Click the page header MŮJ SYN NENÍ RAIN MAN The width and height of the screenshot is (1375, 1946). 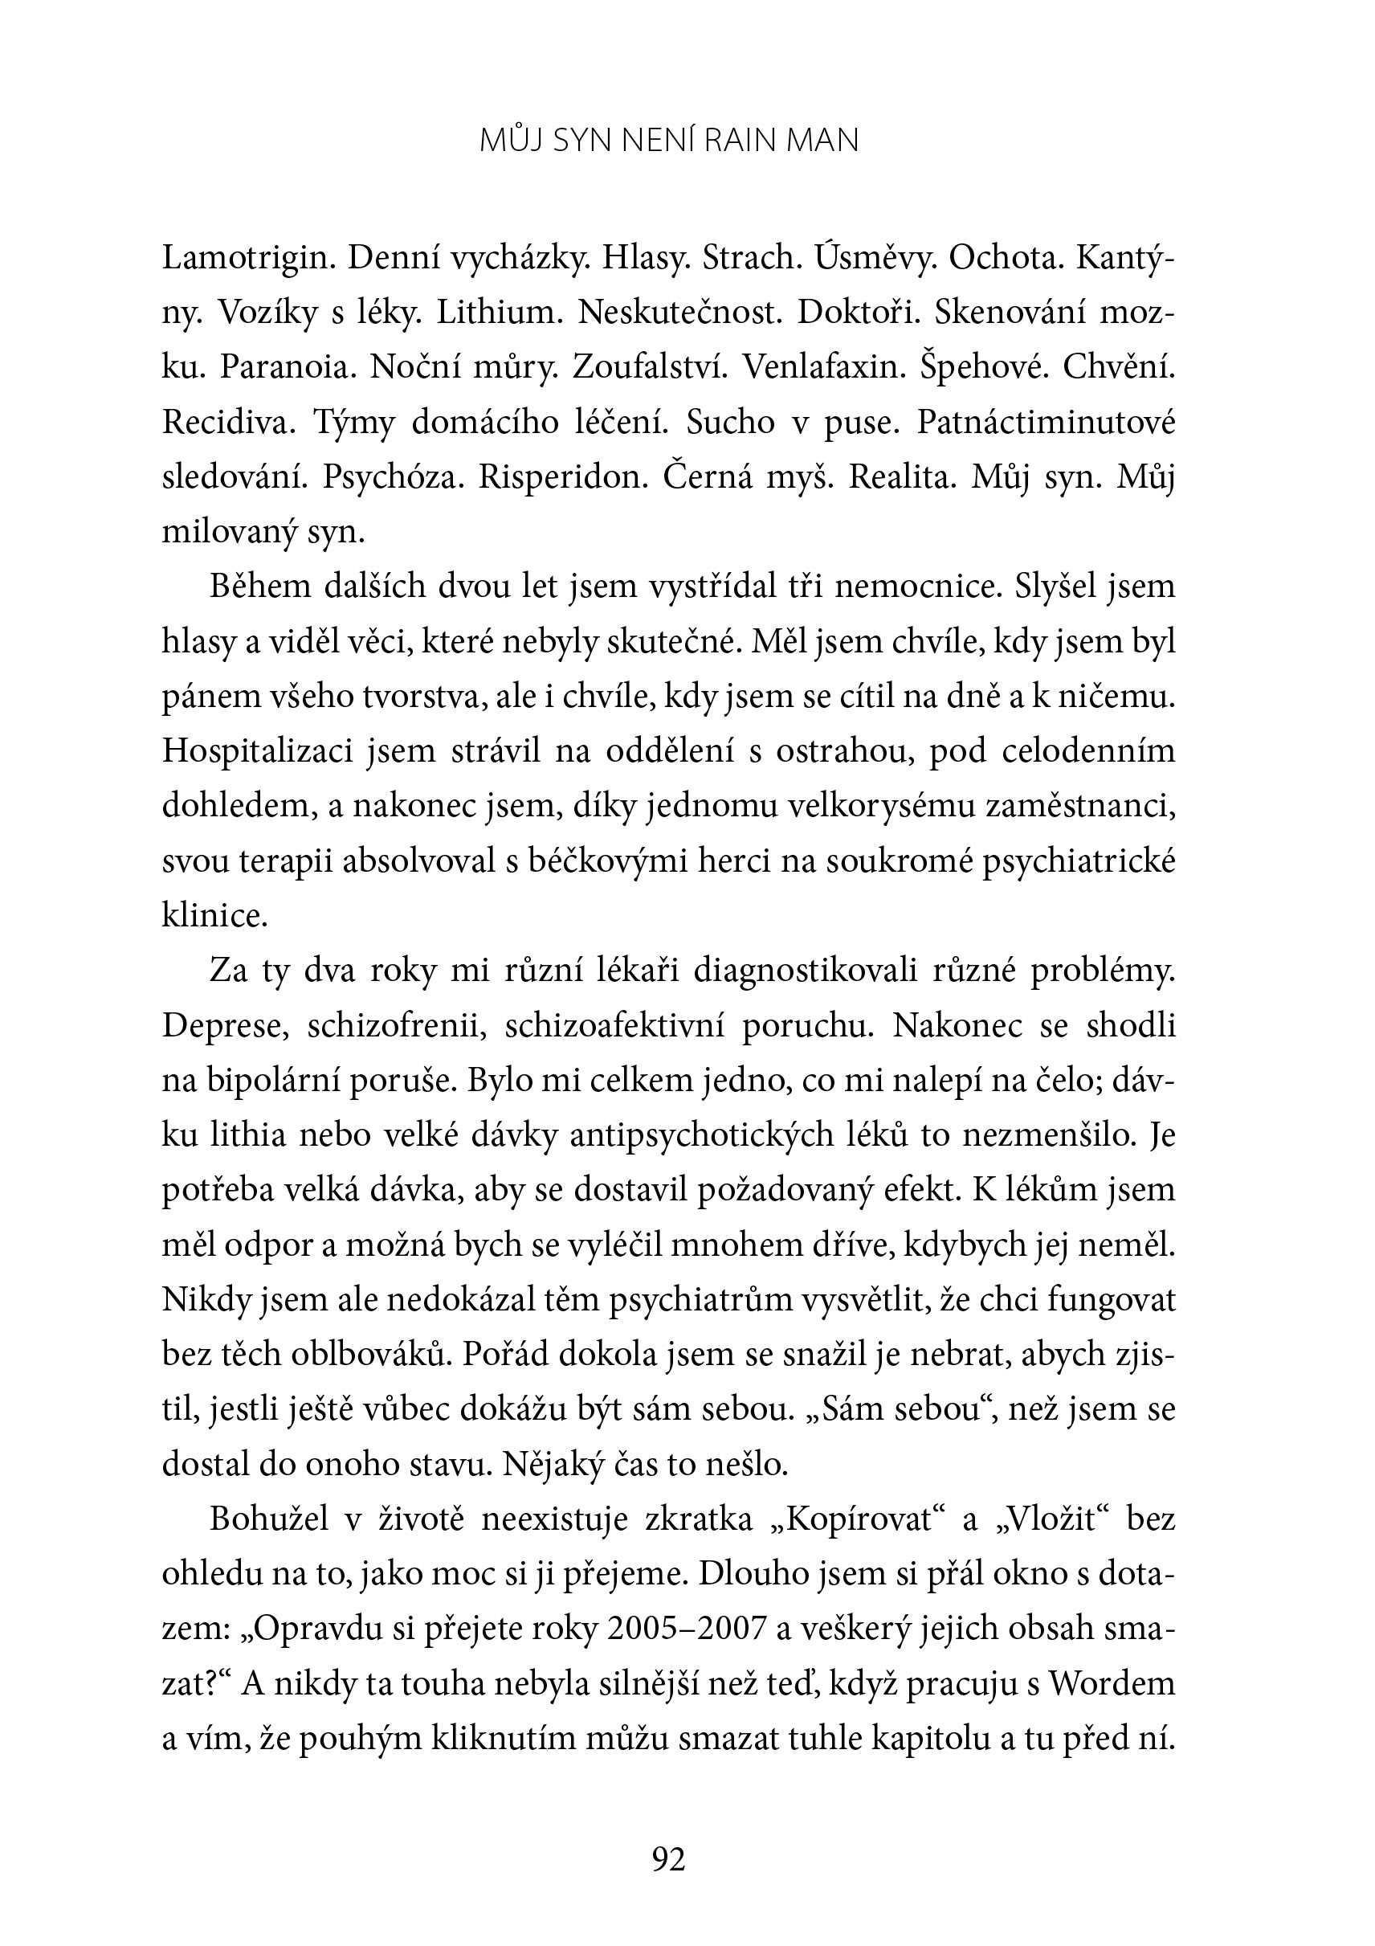point(669,141)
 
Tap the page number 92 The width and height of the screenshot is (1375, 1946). point(669,1860)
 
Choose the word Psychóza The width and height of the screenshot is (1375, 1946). point(393,477)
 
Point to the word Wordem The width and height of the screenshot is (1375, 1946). point(1112,1684)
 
